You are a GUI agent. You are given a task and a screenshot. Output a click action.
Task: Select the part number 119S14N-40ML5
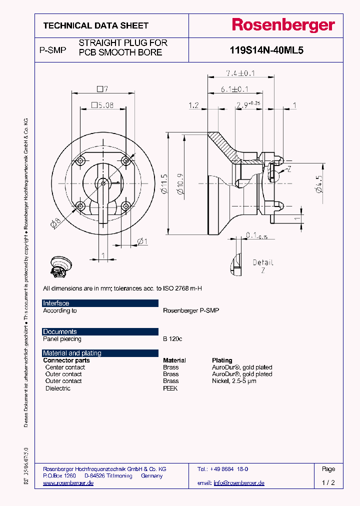(x=266, y=50)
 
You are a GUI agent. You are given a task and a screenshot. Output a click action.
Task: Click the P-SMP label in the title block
(x=52, y=50)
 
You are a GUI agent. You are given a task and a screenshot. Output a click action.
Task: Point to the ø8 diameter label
(x=55, y=224)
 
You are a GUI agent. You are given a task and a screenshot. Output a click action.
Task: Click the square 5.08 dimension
(x=102, y=105)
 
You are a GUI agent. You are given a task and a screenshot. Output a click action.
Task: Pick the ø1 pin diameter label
(x=142, y=242)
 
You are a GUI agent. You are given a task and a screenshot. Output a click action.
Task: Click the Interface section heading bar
(x=100, y=303)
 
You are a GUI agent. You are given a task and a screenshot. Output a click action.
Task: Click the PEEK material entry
(x=170, y=388)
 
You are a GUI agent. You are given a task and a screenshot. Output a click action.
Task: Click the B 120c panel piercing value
(x=172, y=339)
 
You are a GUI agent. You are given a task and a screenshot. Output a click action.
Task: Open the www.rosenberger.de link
(x=68, y=483)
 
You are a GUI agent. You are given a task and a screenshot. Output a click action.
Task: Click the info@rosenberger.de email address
(x=238, y=483)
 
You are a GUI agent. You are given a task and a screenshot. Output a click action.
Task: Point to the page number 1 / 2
(x=328, y=483)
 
